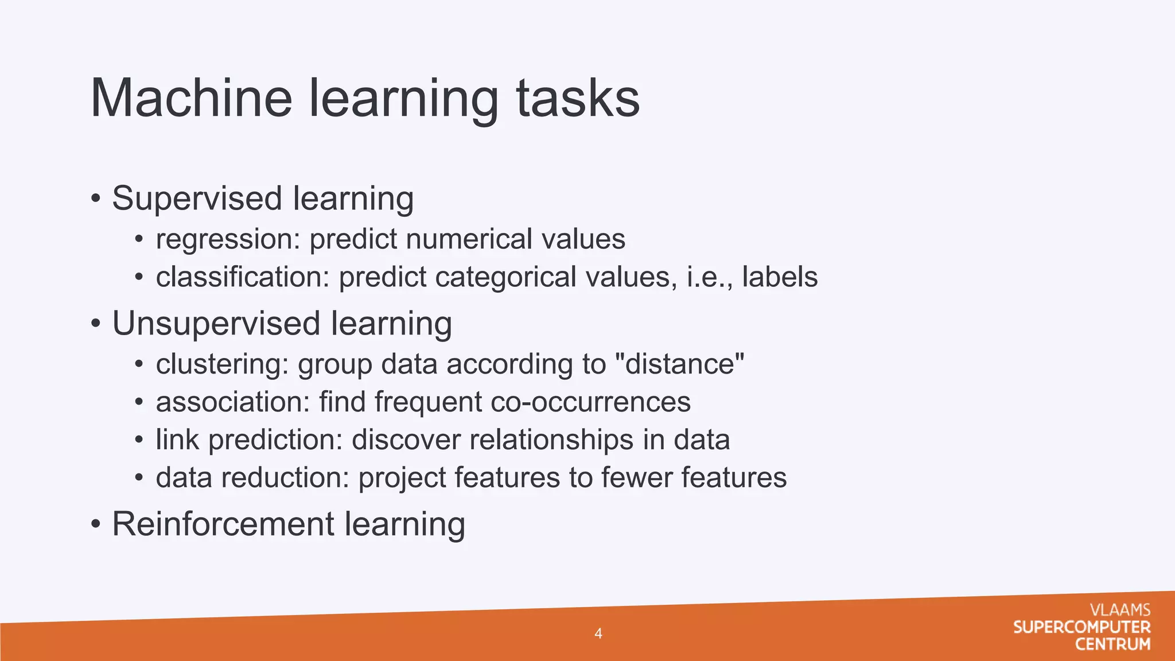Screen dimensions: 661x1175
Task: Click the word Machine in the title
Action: coord(192,98)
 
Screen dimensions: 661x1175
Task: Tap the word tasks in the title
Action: coord(578,98)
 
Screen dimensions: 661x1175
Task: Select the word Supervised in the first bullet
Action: coord(197,199)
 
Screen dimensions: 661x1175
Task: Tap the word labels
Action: coord(780,277)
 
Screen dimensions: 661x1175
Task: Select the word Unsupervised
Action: coord(216,324)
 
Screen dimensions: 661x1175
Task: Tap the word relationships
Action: coord(551,440)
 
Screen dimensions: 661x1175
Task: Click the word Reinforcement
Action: coord(223,524)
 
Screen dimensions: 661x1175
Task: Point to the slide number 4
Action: coord(598,633)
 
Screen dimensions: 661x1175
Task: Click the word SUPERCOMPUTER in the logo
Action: coord(1081,627)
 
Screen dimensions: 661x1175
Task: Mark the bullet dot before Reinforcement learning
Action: coord(96,524)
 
